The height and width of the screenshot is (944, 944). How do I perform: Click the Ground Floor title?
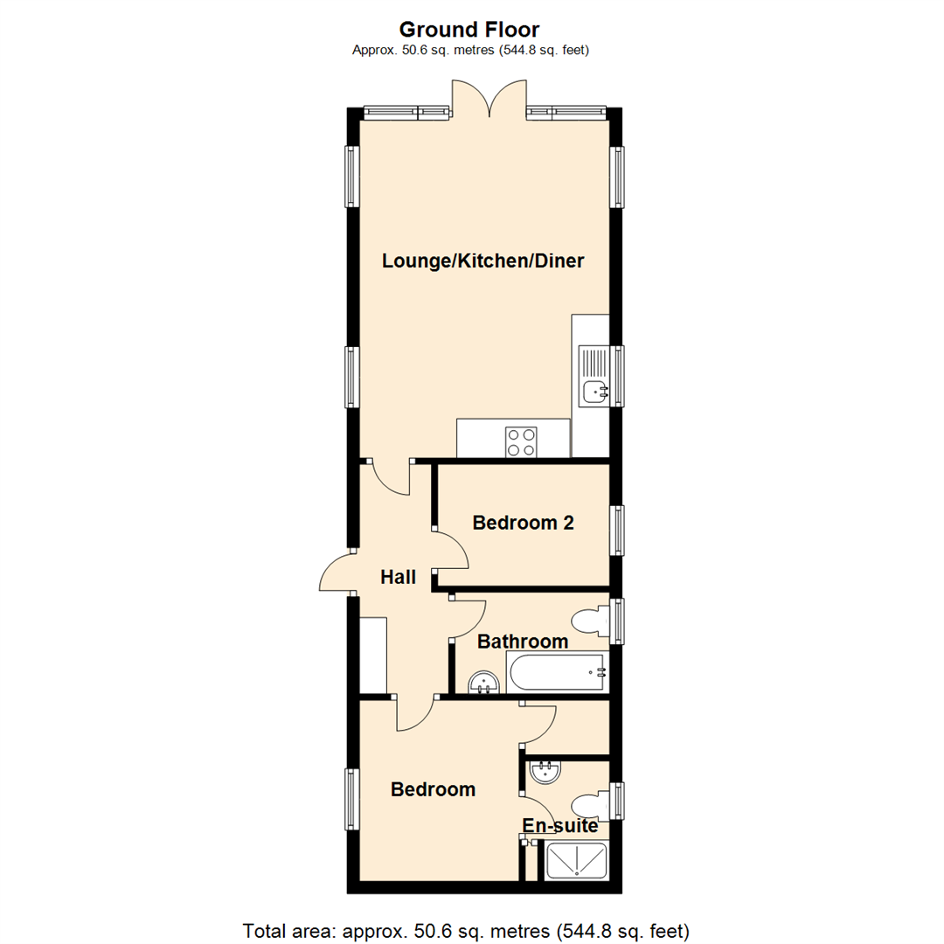(470, 30)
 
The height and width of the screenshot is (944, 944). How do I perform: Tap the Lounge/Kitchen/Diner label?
(483, 260)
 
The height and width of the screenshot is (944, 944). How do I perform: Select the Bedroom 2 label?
(523, 523)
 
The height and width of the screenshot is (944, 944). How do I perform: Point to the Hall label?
(398, 577)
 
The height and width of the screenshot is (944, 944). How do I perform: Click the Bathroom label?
(523, 642)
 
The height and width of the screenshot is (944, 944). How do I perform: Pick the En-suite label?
(559, 825)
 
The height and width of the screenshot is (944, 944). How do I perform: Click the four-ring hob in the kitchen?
(521, 441)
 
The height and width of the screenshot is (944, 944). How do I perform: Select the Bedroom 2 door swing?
(453, 551)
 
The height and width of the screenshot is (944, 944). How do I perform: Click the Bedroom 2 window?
(619, 531)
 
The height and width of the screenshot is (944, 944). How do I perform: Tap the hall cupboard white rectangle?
(373, 654)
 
